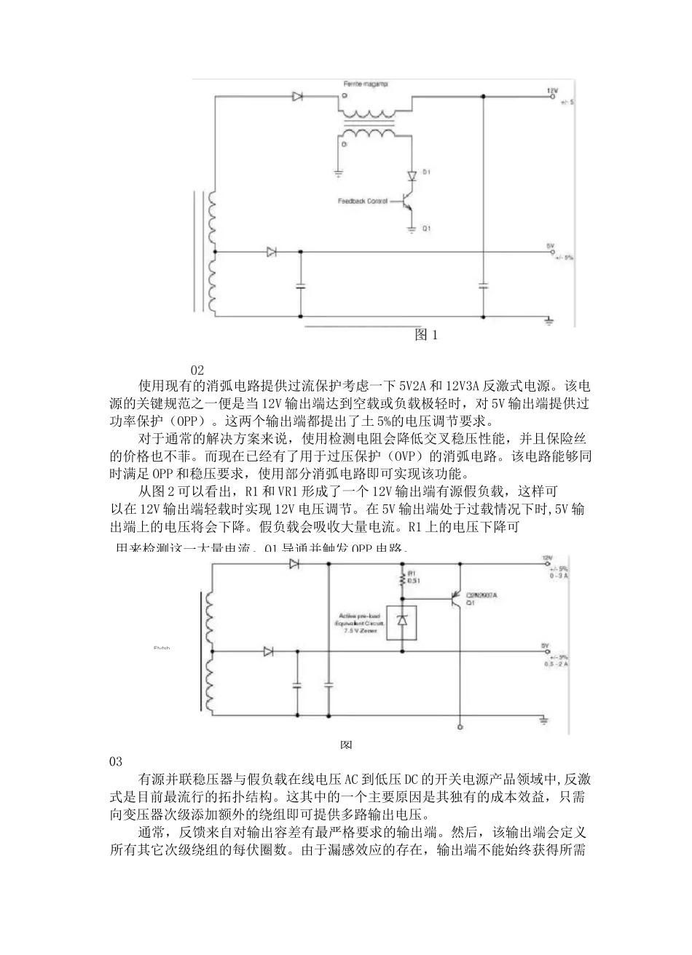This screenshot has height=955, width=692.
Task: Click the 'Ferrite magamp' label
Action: tap(365, 84)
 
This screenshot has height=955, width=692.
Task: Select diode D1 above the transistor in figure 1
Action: tap(412, 175)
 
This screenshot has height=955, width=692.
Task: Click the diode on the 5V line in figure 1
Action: tap(272, 252)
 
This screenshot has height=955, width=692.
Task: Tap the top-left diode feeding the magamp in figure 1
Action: tap(297, 95)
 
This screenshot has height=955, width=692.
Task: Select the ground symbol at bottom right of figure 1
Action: tap(551, 320)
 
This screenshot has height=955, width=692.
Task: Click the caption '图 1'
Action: tap(425, 336)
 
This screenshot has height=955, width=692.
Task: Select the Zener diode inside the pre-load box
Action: tap(401, 621)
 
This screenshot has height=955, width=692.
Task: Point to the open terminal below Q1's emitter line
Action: tap(460, 726)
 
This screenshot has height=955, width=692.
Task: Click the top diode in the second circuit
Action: tap(295, 564)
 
